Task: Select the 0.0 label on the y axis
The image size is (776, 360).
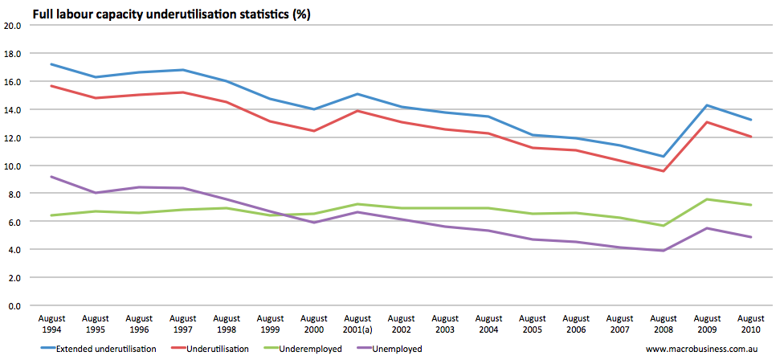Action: click(x=14, y=306)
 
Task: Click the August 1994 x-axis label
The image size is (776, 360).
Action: click(x=52, y=325)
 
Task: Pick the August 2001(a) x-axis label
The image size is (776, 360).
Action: click(x=357, y=325)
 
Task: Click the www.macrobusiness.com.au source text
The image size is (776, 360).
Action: click(x=701, y=349)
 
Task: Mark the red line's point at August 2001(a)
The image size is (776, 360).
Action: click(x=357, y=111)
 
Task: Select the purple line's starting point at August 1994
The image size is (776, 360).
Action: click(x=52, y=177)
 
